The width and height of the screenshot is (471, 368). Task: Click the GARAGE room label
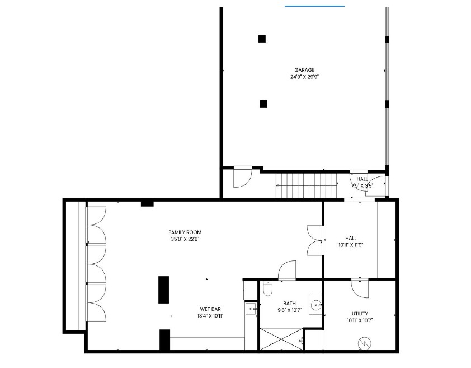pos(304,70)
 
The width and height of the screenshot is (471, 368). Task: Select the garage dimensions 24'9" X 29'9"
pos(304,77)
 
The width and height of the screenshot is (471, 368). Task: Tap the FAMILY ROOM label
pos(185,232)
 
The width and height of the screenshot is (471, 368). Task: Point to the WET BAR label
pos(210,309)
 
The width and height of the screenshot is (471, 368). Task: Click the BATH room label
pos(289,304)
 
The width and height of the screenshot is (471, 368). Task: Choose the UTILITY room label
pos(360,314)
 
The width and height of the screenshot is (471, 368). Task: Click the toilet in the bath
pos(267,288)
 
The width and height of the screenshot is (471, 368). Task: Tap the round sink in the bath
pos(315,305)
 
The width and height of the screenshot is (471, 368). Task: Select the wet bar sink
pos(251,309)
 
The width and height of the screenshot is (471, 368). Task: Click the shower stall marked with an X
pos(281,339)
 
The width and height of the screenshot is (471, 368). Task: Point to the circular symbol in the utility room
pos(365,343)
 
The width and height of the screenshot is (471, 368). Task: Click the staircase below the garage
pos(306,185)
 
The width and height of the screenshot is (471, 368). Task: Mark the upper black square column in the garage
pos(262,39)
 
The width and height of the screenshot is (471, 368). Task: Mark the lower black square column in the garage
pos(263,104)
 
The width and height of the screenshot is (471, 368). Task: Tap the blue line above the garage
pos(314,6)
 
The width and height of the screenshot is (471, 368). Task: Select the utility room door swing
pos(360,289)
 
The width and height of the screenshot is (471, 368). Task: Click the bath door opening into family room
pos(287,271)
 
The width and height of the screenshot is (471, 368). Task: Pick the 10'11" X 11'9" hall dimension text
pos(351,245)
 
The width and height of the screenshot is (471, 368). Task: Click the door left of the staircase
pos(242,178)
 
